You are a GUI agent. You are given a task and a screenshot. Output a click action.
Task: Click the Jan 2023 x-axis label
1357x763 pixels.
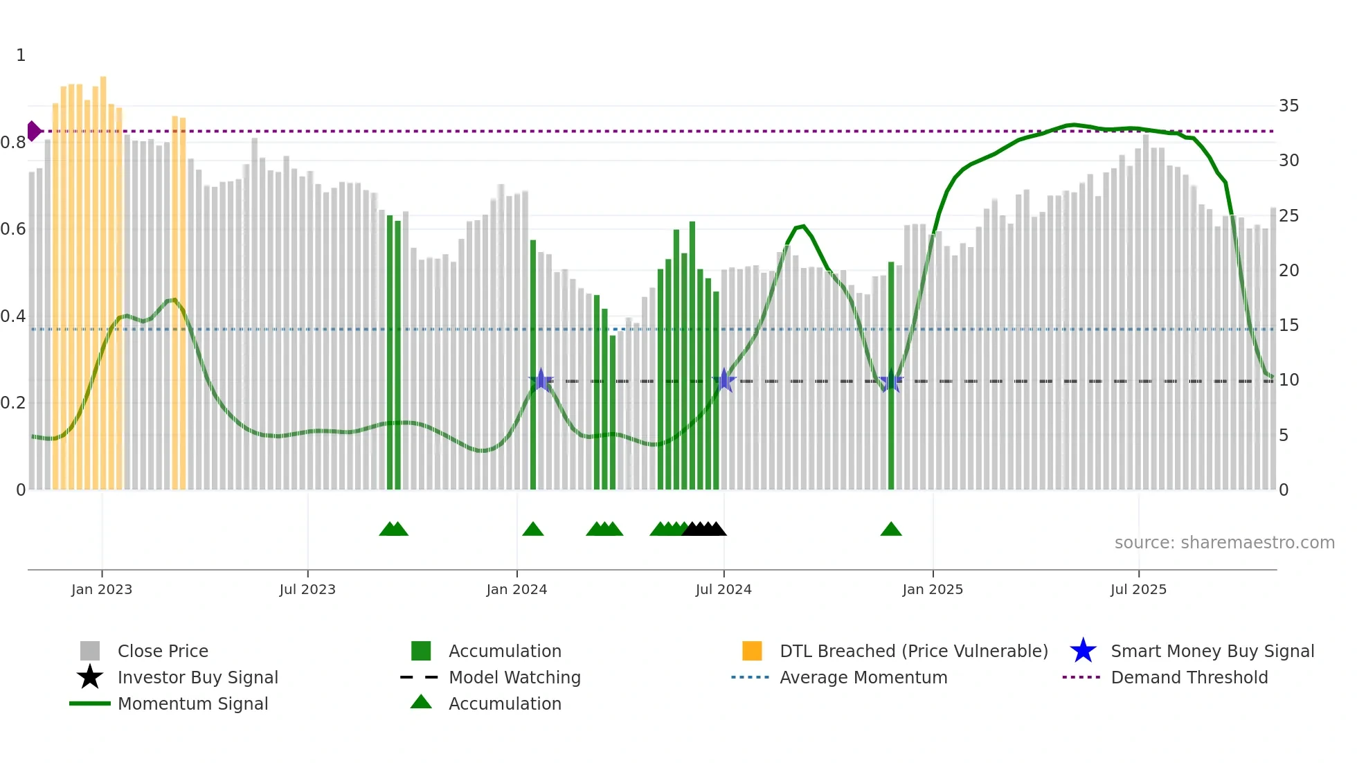coord(102,589)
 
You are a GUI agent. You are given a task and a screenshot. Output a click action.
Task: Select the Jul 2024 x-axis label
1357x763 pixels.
coord(724,589)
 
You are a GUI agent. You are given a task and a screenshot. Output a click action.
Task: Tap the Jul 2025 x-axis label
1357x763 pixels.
coord(1138,589)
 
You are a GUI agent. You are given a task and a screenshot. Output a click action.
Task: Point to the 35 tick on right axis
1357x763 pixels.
coord(1288,106)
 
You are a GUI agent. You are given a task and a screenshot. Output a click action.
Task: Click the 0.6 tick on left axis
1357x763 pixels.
coord(13,229)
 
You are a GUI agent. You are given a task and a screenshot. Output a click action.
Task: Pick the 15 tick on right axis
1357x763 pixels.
coord(1288,325)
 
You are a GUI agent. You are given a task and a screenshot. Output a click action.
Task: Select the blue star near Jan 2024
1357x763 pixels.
coord(541,381)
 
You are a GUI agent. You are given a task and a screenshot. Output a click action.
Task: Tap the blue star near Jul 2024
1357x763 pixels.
coord(724,381)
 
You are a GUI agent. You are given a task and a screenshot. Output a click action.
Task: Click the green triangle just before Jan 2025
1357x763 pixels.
coord(891,530)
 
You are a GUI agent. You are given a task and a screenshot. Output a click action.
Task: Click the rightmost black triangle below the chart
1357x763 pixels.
coord(717,530)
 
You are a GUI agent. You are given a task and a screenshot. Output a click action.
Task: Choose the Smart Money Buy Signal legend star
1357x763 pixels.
coord(1083,651)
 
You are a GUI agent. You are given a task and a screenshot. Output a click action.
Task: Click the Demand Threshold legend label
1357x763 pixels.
coord(1189,677)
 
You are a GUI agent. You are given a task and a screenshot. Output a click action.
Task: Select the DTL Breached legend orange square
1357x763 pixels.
coord(752,651)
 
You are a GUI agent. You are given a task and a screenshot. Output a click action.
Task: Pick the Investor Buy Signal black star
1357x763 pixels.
coord(90,677)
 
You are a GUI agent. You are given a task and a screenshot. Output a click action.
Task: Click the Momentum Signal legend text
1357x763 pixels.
coord(192,703)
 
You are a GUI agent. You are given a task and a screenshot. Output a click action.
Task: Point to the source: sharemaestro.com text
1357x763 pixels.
coord(1224,543)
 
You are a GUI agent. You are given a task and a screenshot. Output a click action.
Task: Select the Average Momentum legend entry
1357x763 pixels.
coord(863,677)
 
